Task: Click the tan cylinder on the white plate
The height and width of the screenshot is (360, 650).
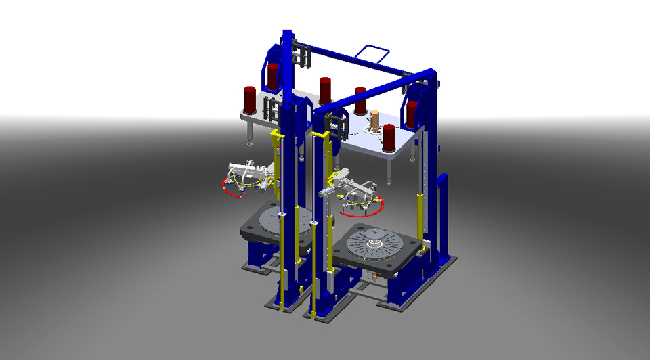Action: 374,120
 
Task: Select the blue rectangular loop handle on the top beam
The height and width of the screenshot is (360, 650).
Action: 374,53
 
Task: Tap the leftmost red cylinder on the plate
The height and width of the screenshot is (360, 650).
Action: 250,99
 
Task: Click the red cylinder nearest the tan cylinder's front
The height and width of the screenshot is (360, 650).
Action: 389,137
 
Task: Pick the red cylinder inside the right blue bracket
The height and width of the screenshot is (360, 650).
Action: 412,114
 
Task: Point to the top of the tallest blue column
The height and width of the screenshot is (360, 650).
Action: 287,34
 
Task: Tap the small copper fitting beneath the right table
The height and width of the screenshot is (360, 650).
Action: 374,277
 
